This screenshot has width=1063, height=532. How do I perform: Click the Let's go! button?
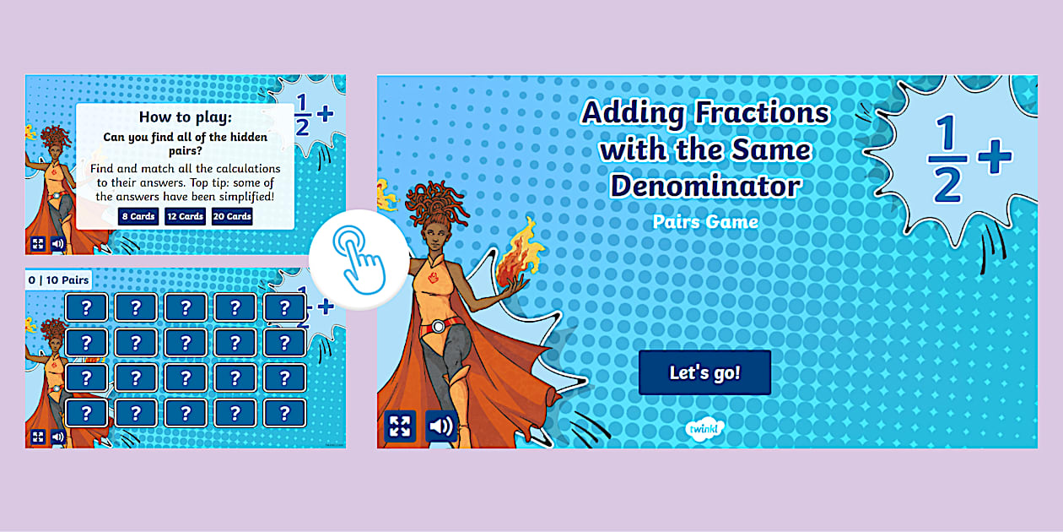point(704,373)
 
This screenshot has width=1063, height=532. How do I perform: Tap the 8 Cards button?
point(137,217)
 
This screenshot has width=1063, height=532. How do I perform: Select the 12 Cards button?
point(185,217)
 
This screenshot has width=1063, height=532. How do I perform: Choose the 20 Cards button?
point(232,217)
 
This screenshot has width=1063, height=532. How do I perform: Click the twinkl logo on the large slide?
point(700,429)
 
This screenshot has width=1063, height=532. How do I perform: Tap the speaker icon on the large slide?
point(440,426)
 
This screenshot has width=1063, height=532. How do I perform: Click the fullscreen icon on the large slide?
point(400,426)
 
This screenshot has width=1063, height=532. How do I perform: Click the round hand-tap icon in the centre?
point(348,258)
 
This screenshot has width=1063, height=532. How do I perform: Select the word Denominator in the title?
point(705,186)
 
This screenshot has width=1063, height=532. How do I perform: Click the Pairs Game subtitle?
point(705,222)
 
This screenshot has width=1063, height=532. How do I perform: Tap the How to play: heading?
point(185,117)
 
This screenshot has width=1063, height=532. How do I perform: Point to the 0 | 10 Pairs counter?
point(58,280)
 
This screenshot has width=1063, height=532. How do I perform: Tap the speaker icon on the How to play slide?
point(57,244)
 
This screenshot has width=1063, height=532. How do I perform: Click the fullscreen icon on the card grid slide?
point(37,437)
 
